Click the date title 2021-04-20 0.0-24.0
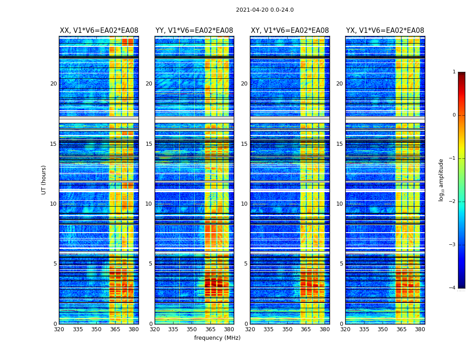coord(265,10)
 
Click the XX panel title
coord(99,31)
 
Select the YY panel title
coord(194,31)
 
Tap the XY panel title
coord(289,31)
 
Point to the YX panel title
coord(385,31)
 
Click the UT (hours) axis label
coord(44,180)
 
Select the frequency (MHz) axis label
coord(217,338)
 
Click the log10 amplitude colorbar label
coord(441,180)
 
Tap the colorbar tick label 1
coord(454,72)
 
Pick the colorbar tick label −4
coord(453,288)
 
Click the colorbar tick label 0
coord(454,115)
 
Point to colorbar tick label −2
coord(453,202)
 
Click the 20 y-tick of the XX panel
coord(53,84)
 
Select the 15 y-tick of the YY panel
coord(149,144)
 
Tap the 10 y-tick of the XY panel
coord(244,204)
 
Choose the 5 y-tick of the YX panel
coord(341,264)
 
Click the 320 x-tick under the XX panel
coord(59,329)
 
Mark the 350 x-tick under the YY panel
coord(192,329)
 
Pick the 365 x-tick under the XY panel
coord(306,329)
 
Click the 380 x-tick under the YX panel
coord(420,329)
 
